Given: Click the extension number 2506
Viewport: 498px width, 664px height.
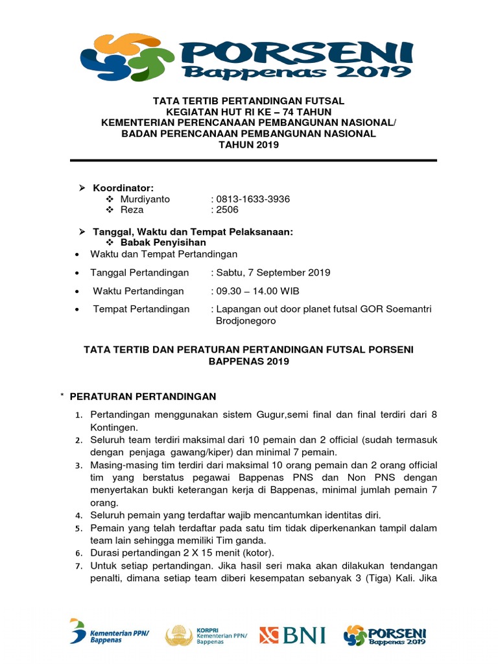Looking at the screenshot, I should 228,209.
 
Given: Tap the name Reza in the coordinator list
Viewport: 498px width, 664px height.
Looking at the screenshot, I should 132,209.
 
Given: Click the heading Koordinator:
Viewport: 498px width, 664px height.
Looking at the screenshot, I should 123,188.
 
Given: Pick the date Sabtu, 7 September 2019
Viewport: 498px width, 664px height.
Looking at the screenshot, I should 273,272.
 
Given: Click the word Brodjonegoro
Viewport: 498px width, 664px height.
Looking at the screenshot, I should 246,320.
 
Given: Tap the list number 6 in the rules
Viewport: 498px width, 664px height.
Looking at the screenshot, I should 77,553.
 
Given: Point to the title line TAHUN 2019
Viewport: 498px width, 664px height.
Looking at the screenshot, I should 249,145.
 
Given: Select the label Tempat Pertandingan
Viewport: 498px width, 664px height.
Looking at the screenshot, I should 141,309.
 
